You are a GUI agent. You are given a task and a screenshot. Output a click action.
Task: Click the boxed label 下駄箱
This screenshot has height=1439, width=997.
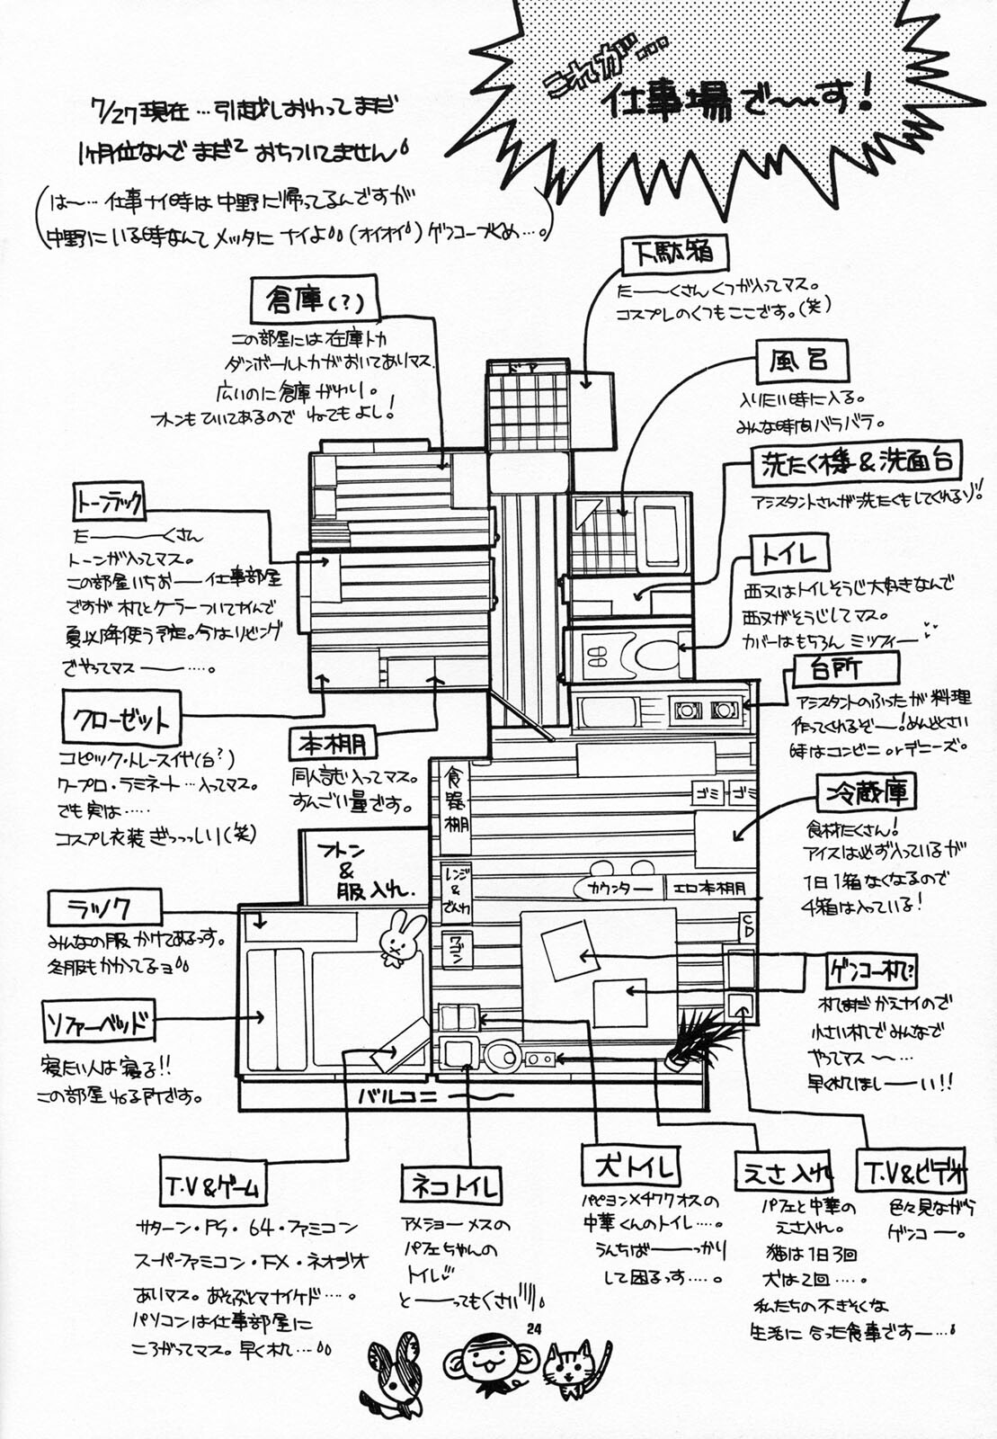tap(673, 254)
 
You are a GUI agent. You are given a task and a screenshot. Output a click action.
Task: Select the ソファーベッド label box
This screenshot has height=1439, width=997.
tap(99, 1022)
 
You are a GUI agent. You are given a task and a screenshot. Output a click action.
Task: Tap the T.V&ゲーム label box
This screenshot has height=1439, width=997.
tap(212, 1187)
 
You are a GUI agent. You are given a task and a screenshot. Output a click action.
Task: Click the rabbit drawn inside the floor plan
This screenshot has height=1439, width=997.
tap(400, 937)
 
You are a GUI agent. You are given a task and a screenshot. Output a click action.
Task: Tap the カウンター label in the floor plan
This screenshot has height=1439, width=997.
tap(619, 889)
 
